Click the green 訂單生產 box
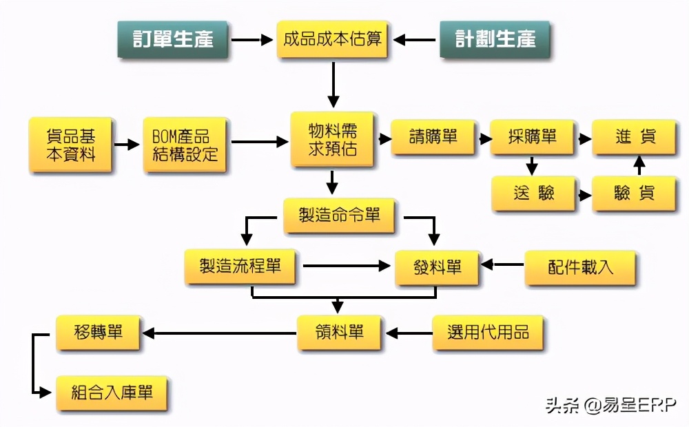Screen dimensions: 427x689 (172, 39)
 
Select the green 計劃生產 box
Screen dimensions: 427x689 (495, 39)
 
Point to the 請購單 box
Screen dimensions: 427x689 (433, 137)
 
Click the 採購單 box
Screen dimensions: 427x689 (532, 137)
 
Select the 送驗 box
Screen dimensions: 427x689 (533, 194)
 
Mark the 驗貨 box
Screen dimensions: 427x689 (634, 194)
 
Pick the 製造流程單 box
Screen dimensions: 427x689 (240, 267)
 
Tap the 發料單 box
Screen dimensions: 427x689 (437, 267)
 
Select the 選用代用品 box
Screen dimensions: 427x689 (487, 333)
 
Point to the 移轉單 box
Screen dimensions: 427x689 (99, 333)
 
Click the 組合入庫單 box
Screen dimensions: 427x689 (112, 393)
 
